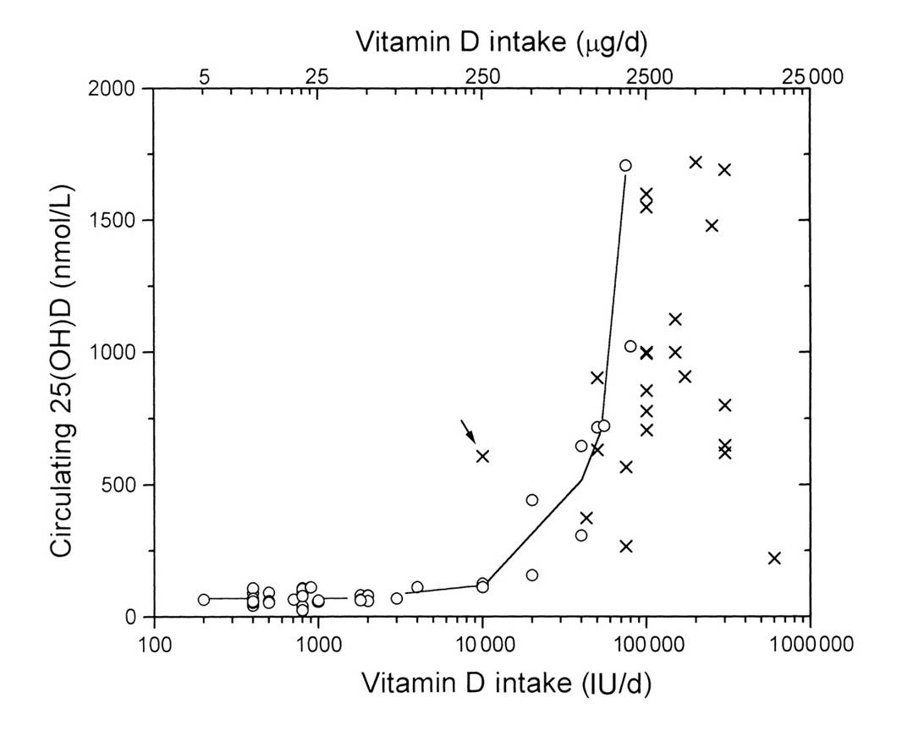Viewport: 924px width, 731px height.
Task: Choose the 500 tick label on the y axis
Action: pos(121,485)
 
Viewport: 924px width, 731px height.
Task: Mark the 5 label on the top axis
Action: pos(204,76)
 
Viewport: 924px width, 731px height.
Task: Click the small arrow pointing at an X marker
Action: pos(468,429)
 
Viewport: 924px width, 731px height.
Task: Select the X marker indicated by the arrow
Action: pos(483,456)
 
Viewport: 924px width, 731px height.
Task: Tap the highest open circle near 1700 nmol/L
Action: pos(625,166)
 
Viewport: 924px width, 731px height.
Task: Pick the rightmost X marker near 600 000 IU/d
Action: pos(774,558)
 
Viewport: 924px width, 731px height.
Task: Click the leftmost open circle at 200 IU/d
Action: pos(203,599)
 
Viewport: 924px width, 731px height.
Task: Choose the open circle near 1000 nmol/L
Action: pos(630,346)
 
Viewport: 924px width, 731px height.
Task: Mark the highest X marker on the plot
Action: pos(696,162)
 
